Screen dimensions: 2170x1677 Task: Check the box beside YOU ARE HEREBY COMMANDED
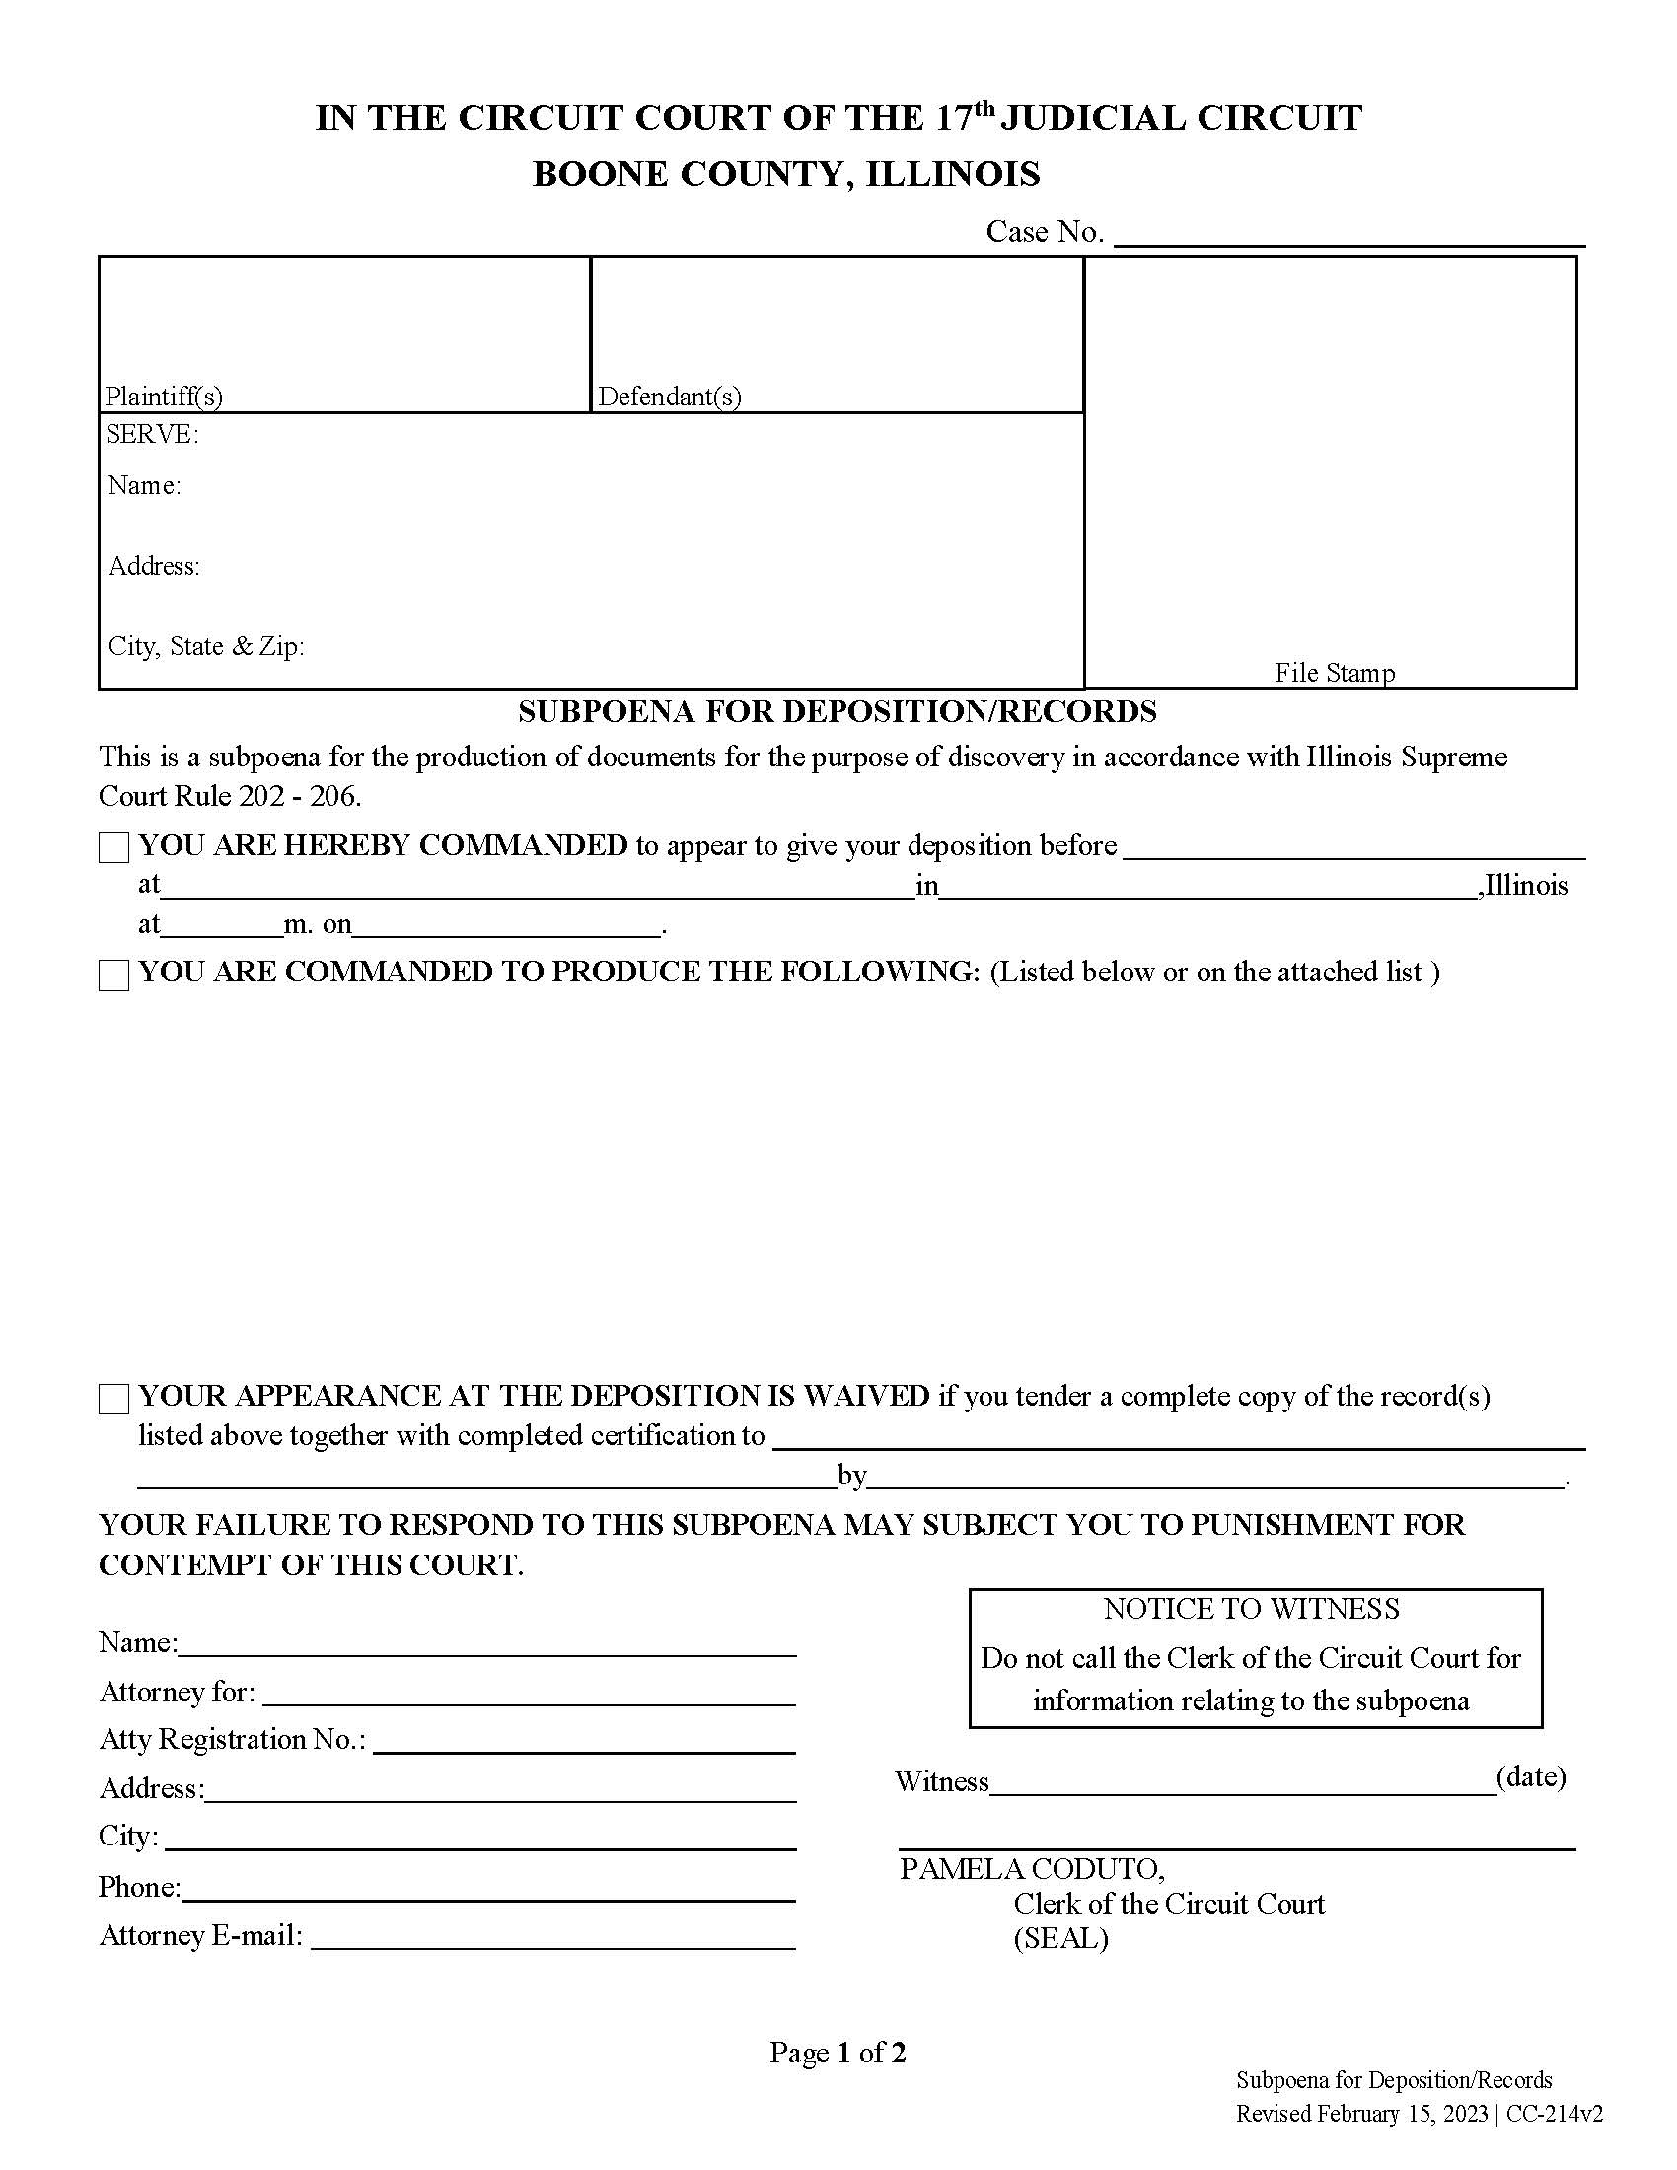tap(114, 847)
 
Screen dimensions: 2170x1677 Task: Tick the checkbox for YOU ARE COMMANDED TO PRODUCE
tap(114, 975)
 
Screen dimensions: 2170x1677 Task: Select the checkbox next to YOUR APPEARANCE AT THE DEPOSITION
tap(114, 1399)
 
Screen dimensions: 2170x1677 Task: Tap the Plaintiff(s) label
tap(164, 397)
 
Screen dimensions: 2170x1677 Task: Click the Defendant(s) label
tap(670, 397)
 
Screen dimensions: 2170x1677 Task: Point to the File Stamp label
tap(1335, 673)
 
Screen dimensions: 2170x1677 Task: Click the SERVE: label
tap(152, 434)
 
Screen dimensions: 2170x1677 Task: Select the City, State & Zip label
tap(205, 646)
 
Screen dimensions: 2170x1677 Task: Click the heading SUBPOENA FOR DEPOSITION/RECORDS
tap(838, 711)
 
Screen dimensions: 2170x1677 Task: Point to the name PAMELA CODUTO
tap(1031, 1869)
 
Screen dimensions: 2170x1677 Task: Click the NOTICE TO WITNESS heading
tap(1251, 1609)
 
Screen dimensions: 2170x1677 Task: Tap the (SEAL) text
tap(1060, 1937)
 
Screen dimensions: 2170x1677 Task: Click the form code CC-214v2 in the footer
tap(1554, 2114)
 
